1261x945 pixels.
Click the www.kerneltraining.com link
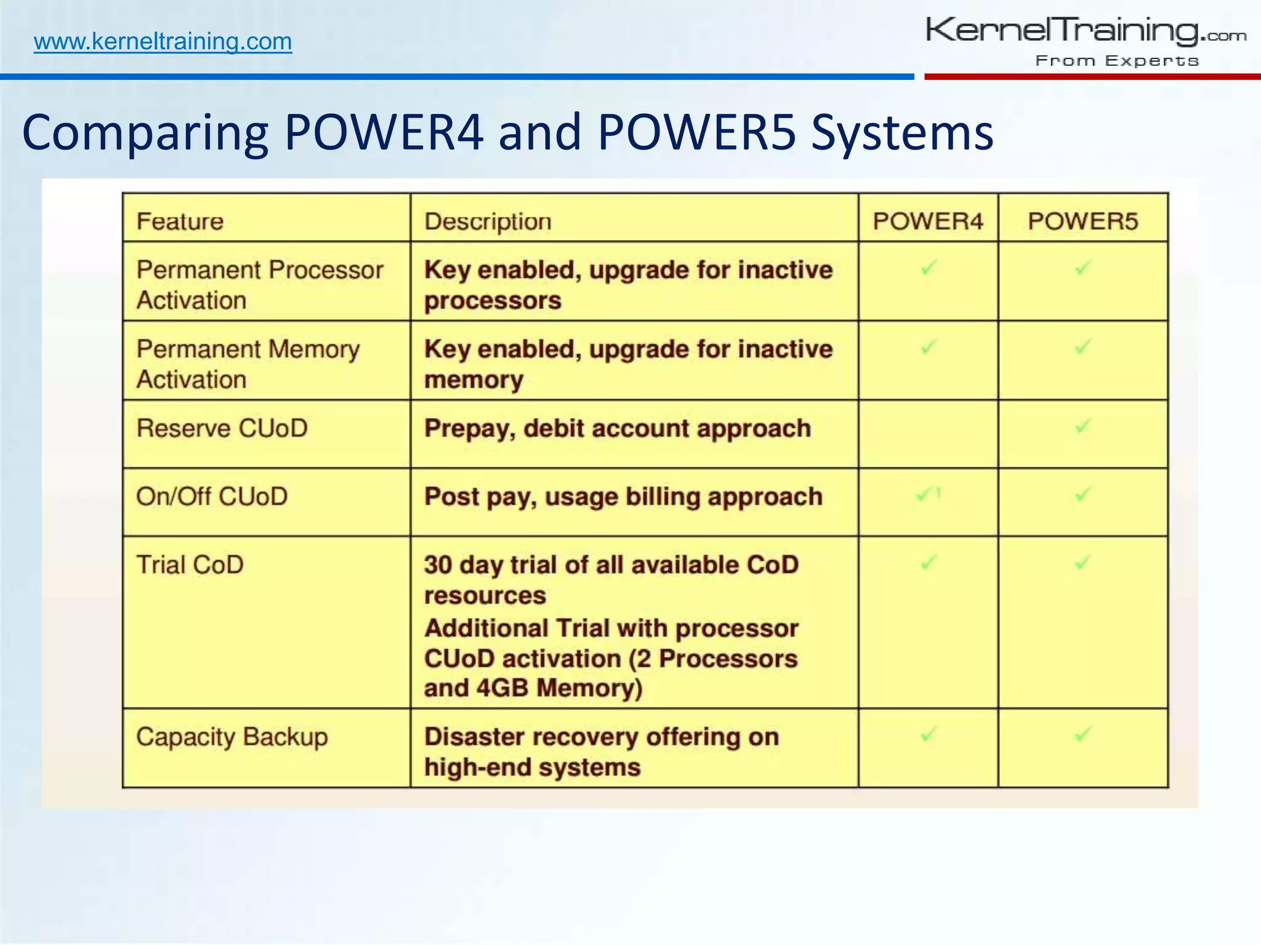coord(163,41)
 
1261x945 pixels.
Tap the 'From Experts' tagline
coord(1117,61)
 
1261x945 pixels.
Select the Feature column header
coord(180,221)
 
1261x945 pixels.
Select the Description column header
coord(488,221)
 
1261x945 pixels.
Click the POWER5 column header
coord(1082,221)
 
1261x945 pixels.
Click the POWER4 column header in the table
coord(928,221)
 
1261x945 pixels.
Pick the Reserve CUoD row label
coord(222,428)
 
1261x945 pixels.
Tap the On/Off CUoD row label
coord(212,496)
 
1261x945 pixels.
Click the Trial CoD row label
coord(190,565)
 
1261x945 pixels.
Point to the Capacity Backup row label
coord(232,737)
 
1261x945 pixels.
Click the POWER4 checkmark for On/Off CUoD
coord(925,494)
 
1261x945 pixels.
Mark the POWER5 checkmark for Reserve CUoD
coord(1082,426)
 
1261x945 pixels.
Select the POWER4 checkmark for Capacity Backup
coord(928,734)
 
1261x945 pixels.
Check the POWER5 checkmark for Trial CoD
coord(1082,562)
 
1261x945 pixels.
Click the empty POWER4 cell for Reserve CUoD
coord(928,434)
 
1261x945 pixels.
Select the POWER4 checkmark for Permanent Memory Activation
coord(928,347)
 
